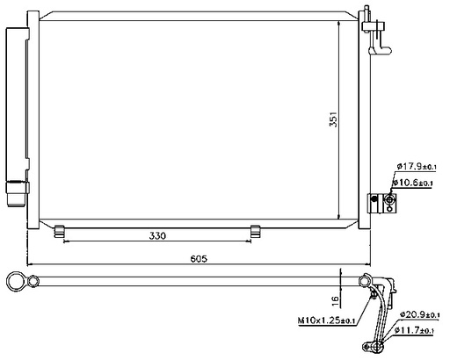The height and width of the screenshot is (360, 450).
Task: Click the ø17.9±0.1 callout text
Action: click(416, 165)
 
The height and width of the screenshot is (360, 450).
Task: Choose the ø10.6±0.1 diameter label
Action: click(415, 183)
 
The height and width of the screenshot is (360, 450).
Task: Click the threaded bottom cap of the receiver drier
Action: click(17, 191)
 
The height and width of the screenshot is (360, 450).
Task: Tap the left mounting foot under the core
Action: click(60, 231)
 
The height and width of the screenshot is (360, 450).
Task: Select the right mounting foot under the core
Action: click(256, 231)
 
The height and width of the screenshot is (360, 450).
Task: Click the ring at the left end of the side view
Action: click(16, 282)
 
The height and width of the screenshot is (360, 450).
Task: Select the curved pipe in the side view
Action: click(382, 307)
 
